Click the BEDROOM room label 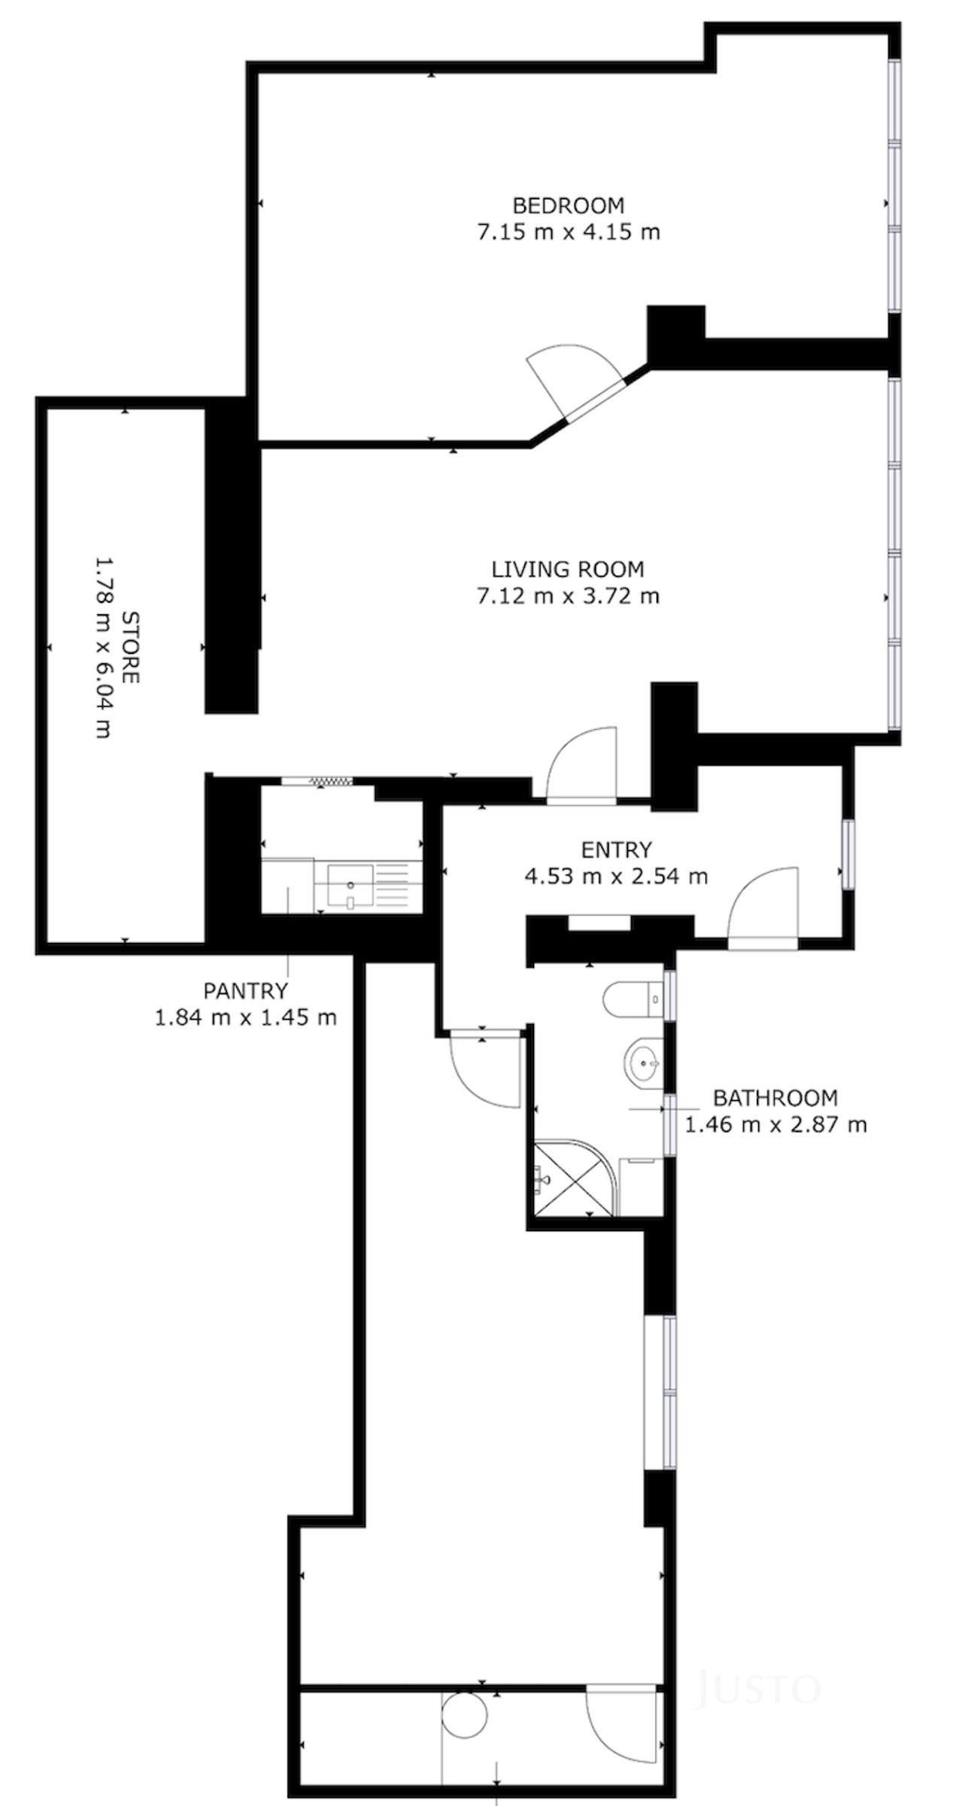coord(568,205)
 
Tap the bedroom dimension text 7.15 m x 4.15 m coord(568,231)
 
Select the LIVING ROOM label coord(568,569)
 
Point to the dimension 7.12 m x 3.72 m coord(568,596)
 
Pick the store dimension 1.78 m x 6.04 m coord(104,647)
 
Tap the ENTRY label coord(616,850)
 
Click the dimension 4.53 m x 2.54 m coord(616,876)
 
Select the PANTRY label coord(245,990)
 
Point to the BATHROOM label coord(775,1098)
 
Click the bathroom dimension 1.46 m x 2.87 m coord(775,1125)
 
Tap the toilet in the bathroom coord(633,999)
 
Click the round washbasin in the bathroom coord(643,1063)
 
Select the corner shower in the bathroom coord(575,1178)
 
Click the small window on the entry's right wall coord(848,854)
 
